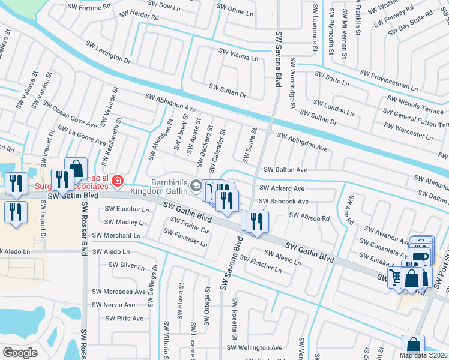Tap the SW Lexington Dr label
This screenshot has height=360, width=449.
coord(108,52)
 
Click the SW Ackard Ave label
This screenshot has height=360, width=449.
coord(282,188)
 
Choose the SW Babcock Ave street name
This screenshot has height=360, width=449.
coord(283,202)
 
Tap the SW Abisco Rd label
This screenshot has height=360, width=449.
coord(309,217)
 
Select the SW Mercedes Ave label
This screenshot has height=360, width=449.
coord(118,292)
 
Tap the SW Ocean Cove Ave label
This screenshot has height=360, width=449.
coord(69,114)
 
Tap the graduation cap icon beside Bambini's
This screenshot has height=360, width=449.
coord(196,188)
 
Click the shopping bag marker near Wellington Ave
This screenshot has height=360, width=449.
coord(413,346)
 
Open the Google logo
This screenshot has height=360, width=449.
coord(20,353)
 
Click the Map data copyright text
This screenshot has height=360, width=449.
coord(423,355)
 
